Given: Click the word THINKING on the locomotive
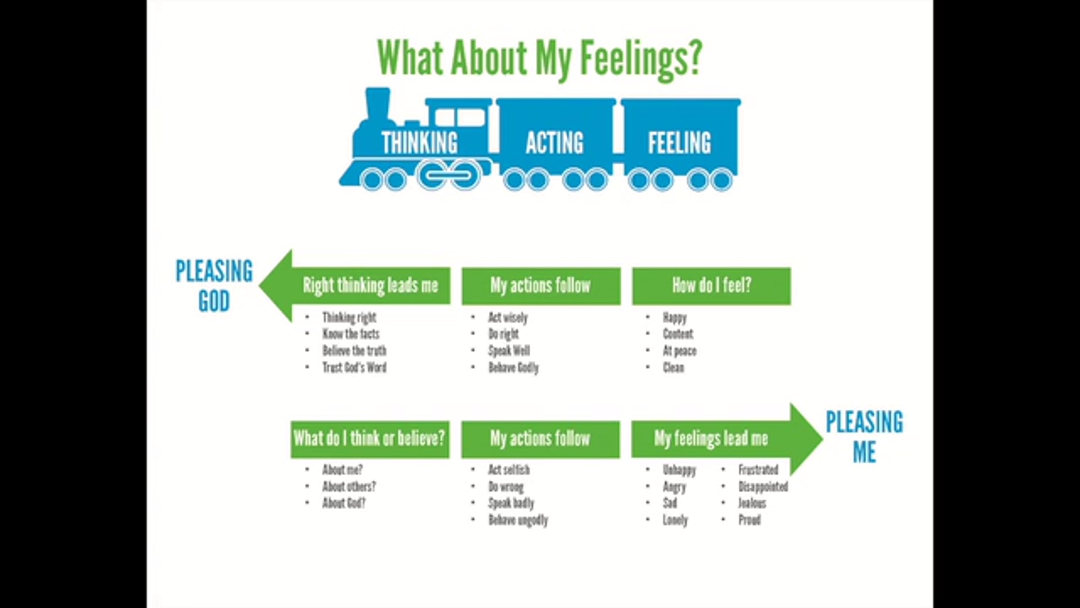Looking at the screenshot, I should click(419, 143).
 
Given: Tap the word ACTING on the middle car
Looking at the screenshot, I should click(554, 143).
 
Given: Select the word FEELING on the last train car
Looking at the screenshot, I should click(679, 143).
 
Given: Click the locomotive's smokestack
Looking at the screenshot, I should click(378, 104).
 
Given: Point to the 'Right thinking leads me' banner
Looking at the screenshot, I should click(370, 286).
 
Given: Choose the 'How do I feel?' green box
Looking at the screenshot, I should click(711, 286).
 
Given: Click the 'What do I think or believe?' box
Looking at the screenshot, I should click(369, 439).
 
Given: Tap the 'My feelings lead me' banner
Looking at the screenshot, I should click(711, 439).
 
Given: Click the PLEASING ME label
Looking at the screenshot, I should click(864, 436).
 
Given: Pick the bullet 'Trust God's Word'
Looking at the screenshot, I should click(354, 368).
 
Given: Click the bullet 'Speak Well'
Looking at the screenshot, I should click(509, 351).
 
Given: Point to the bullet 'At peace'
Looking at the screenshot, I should click(679, 351).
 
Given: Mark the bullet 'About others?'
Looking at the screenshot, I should click(349, 486).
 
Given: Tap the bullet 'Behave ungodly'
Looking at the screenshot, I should click(518, 520).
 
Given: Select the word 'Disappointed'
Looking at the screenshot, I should click(763, 486).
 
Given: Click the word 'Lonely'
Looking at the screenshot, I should click(675, 520).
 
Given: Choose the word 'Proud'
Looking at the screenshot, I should click(749, 520).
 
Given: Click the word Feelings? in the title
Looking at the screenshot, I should click(641, 59).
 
